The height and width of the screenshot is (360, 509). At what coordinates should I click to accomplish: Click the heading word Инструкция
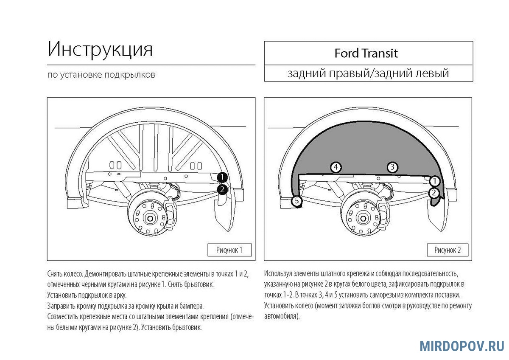pyautogui.click(x=100, y=50)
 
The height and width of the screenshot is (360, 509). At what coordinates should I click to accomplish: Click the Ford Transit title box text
pyautogui.click(x=366, y=53)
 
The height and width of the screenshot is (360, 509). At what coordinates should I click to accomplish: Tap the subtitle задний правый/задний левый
pyautogui.click(x=368, y=73)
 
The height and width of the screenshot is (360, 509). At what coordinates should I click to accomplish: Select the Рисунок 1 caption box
pyautogui.click(x=229, y=250)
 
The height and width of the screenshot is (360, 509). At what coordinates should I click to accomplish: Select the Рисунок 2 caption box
pyautogui.click(x=447, y=250)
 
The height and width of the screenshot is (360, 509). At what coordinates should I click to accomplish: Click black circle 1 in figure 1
pyautogui.click(x=222, y=177)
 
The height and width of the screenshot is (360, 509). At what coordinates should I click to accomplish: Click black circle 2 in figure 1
pyautogui.click(x=222, y=189)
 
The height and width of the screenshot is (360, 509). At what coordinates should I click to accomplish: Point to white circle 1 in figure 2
pyautogui.click(x=434, y=181)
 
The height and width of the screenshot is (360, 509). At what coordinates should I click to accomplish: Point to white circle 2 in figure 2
pyautogui.click(x=434, y=193)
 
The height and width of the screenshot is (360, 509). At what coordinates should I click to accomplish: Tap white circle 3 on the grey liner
pyautogui.click(x=393, y=167)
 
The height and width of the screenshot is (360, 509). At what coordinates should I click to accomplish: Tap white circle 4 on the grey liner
pyautogui.click(x=336, y=167)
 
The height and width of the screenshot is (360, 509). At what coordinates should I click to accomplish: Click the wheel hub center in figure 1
pyautogui.click(x=149, y=218)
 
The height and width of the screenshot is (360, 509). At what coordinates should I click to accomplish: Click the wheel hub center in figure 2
pyautogui.click(x=364, y=218)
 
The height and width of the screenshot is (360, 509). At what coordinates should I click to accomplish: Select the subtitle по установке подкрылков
pyautogui.click(x=101, y=75)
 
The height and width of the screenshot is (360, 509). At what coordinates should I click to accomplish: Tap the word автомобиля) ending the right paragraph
pyautogui.click(x=282, y=317)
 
